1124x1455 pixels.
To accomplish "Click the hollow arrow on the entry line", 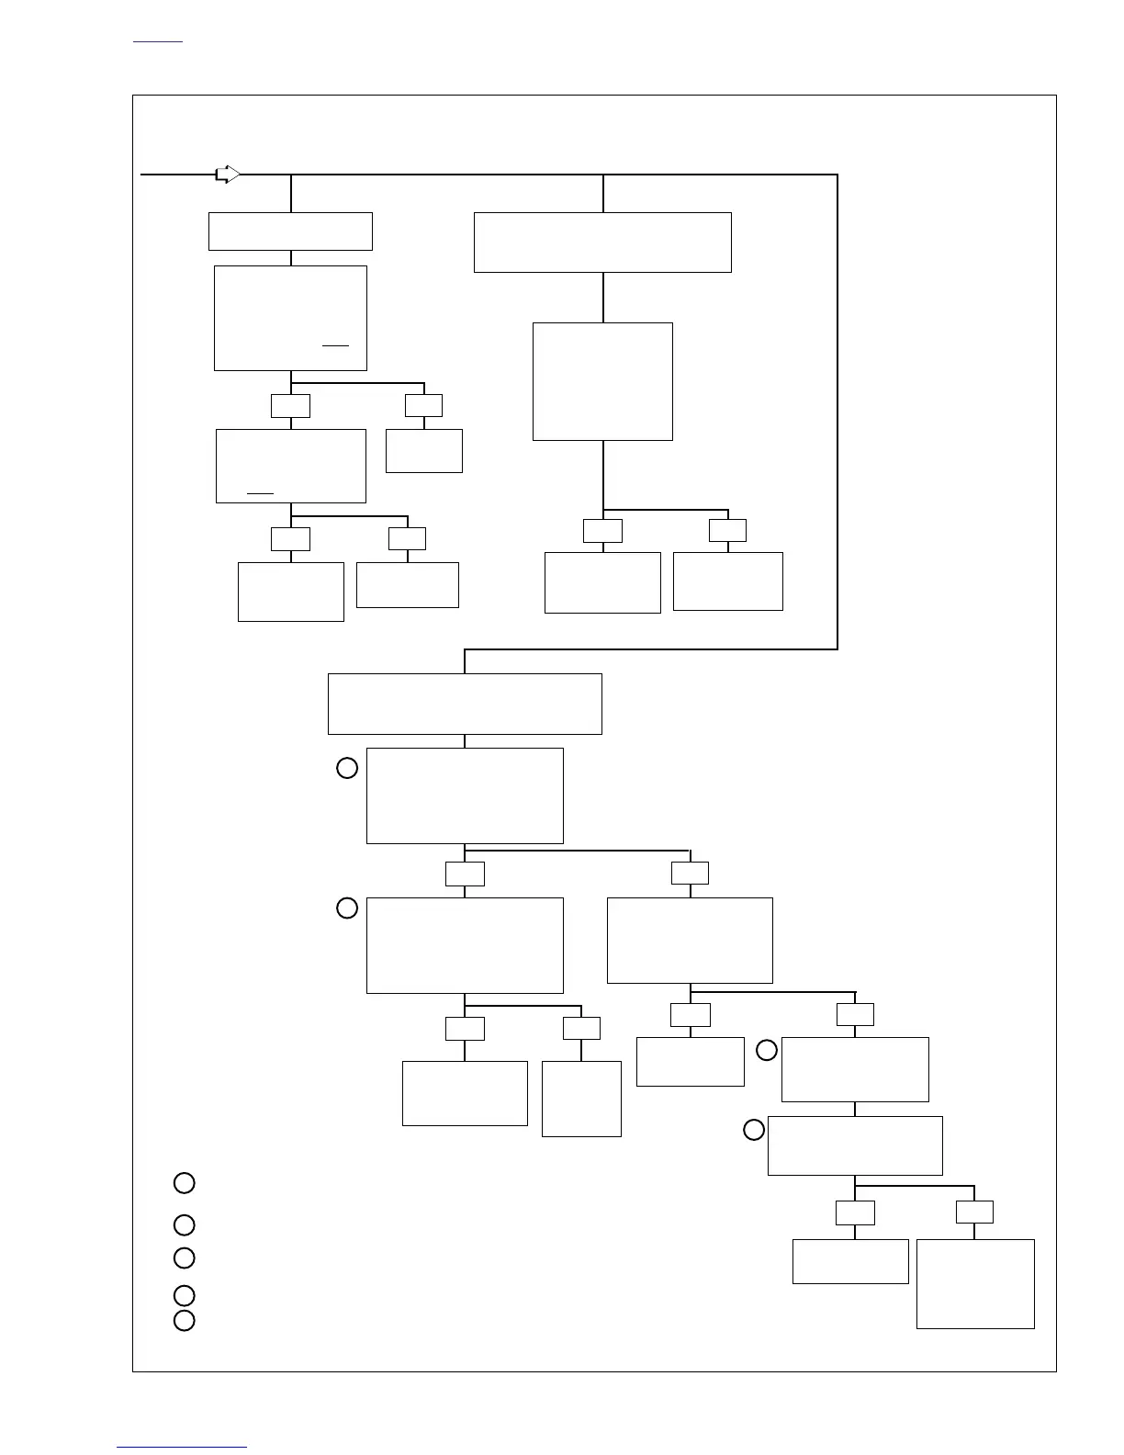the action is [227, 174].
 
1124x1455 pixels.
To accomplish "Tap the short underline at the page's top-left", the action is [158, 42].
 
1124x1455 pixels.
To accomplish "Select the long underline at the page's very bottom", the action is [182, 1447].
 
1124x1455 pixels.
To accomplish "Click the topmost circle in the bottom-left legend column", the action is [185, 1182].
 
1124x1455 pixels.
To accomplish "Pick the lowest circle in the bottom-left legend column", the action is [185, 1321].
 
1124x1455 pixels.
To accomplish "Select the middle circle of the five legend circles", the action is [185, 1258].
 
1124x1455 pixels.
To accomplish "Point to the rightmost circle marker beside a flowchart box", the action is [767, 1050].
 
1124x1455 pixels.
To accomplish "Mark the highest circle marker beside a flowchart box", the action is [347, 768].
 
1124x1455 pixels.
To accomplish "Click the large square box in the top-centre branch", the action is [602, 381].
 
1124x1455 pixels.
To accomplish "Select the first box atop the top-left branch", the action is [290, 231].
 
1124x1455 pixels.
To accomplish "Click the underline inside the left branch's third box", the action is [261, 493].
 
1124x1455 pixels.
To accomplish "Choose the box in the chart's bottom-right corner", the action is [975, 1283].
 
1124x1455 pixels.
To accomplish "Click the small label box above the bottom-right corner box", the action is [974, 1212].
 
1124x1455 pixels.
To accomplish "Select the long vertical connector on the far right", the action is [837, 412].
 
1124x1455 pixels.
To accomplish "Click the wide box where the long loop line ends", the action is [465, 704].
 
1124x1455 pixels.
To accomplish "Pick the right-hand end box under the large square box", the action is [728, 581].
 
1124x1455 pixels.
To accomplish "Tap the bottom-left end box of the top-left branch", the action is [291, 592].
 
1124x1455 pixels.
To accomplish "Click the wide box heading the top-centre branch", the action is [602, 242].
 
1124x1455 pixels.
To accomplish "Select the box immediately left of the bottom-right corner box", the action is [850, 1261].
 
